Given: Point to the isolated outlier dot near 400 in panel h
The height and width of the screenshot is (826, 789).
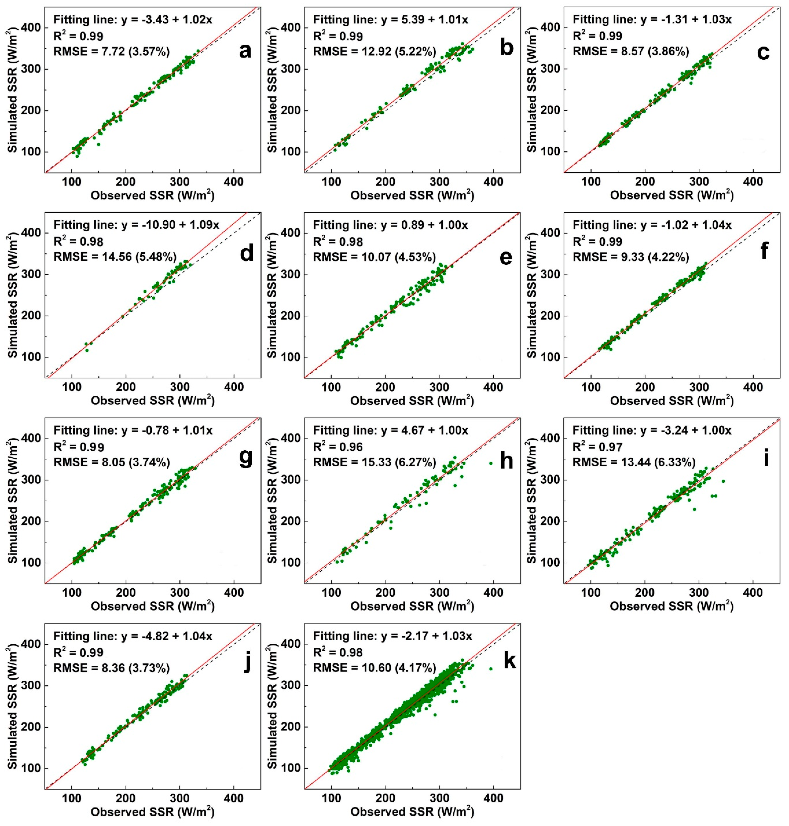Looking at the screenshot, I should coord(490,463).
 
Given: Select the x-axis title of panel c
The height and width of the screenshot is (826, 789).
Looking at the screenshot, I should coord(672,195).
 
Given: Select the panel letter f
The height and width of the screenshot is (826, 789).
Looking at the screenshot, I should coord(764,252).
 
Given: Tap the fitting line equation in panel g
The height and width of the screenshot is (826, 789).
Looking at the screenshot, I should coord(133,430).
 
